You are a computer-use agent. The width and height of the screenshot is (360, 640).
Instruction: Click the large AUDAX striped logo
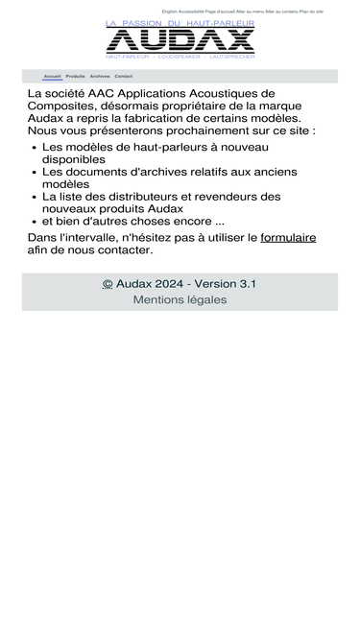coord(180,39)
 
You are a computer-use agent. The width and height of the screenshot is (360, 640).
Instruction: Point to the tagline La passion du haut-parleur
coord(180,22)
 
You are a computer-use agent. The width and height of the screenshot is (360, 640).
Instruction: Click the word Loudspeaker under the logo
coord(178,57)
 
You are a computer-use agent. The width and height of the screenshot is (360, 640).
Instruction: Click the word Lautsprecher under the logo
coord(232,57)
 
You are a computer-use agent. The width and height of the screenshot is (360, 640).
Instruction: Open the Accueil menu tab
coord(52,76)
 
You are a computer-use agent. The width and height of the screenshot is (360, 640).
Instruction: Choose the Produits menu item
coord(75,76)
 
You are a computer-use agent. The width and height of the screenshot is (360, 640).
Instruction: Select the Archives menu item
coord(100,76)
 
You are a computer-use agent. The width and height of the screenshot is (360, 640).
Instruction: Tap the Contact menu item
coord(123,76)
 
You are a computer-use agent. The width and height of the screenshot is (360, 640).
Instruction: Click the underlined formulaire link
coord(288,237)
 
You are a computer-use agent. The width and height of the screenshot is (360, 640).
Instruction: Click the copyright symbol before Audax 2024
coord(108,284)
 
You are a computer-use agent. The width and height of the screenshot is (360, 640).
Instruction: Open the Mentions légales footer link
coord(180,299)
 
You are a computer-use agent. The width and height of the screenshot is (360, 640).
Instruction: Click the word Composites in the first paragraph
coord(62,106)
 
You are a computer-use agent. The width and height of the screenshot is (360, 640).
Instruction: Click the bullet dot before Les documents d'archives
coord(34,172)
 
